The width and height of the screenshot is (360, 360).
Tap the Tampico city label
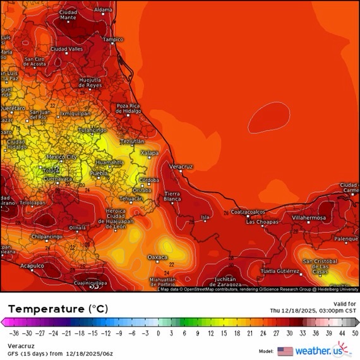113,39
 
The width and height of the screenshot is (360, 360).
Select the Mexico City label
63,157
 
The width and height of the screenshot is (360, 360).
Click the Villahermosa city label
309,218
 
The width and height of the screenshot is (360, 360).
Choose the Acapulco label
32,266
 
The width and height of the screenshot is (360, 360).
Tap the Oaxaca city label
157,257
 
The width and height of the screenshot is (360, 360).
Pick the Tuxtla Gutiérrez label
280,271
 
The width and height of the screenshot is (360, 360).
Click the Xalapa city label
149,152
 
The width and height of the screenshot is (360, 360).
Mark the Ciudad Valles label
67,49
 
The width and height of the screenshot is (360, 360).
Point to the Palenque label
346,239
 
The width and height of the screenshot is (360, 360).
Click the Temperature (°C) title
58,309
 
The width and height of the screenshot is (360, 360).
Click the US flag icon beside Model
285,351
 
